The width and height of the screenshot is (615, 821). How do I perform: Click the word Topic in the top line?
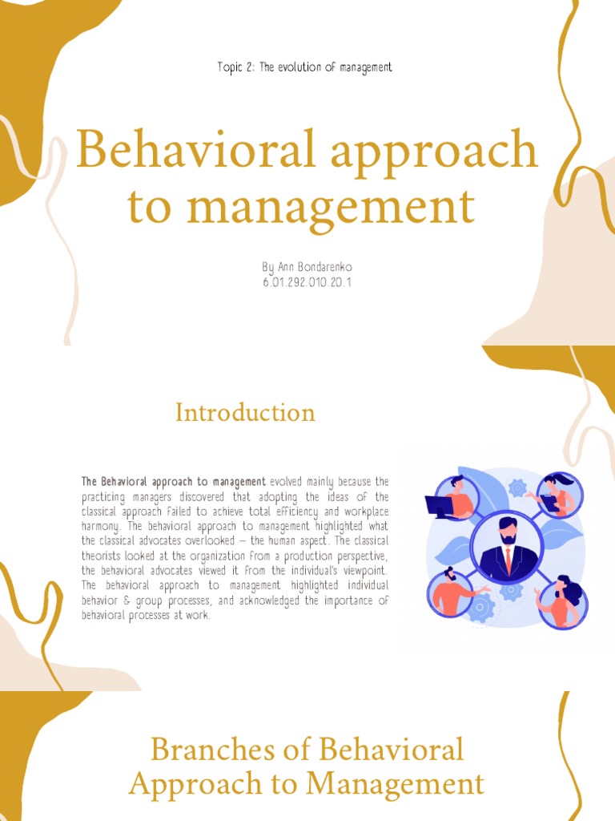click(229, 67)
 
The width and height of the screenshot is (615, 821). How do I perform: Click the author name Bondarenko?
click(323, 266)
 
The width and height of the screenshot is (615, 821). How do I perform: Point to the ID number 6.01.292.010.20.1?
click(307, 282)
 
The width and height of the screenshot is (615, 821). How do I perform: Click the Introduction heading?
click(245, 412)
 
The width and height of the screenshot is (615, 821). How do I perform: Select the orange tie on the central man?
click(508, 560)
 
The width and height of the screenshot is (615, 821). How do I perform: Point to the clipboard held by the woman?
click(550, 503)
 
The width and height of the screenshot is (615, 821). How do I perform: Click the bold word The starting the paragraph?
click(89, 482)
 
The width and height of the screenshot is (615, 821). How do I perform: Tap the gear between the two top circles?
click(517, 487)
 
